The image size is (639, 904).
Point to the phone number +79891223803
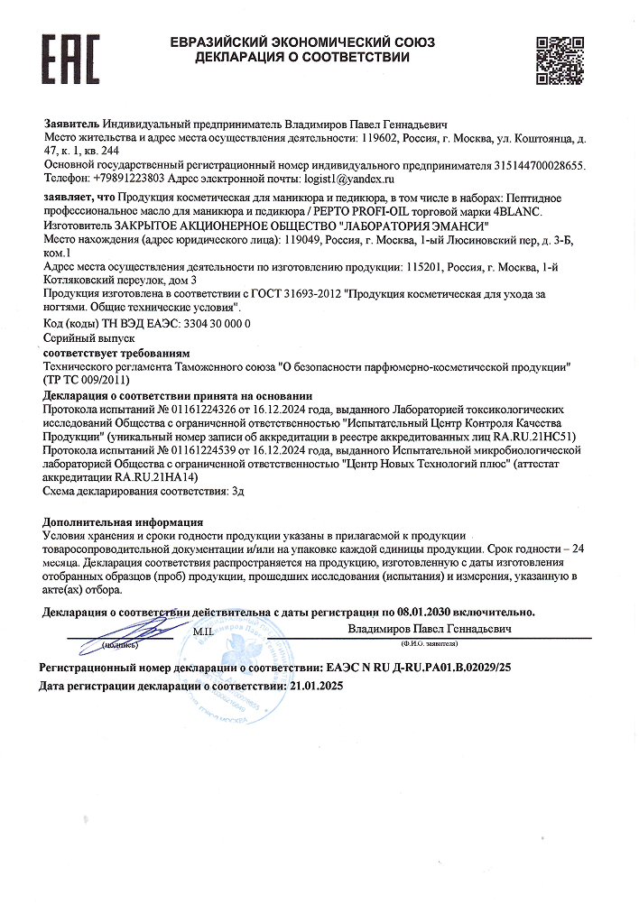131,180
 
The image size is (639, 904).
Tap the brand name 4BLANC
517,211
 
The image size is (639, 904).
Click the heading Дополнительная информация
123,522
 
